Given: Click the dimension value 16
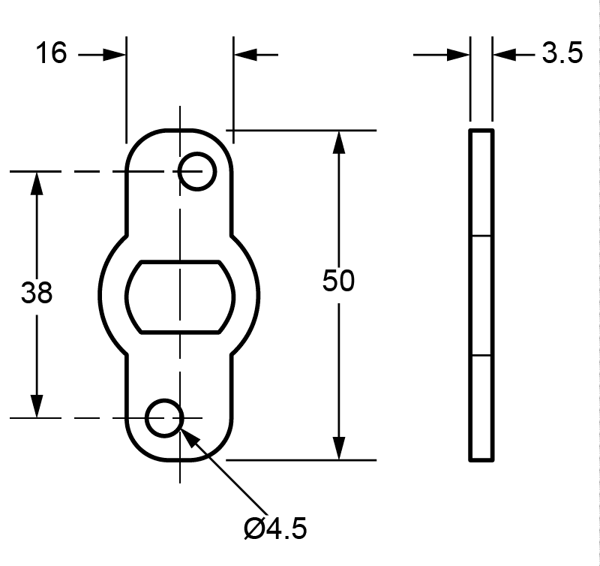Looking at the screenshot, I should (50, 53).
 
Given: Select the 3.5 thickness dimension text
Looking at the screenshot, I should (562, 54).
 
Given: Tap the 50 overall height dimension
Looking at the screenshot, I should (338, 281).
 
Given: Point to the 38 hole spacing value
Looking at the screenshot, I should (37, 293).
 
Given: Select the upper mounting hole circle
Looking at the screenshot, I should (197, 170).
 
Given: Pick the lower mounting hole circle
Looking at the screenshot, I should (164, 417).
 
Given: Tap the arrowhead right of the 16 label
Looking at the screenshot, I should (114, 54).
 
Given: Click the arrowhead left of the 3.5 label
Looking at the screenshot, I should (504, 54).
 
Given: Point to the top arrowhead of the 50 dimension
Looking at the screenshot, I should (339, 143).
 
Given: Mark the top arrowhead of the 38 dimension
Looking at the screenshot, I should (36, 184).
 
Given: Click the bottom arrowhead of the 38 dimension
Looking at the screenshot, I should (36, 405).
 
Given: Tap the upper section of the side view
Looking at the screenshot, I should (481, 183).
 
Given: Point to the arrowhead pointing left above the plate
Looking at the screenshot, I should (246, 54).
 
